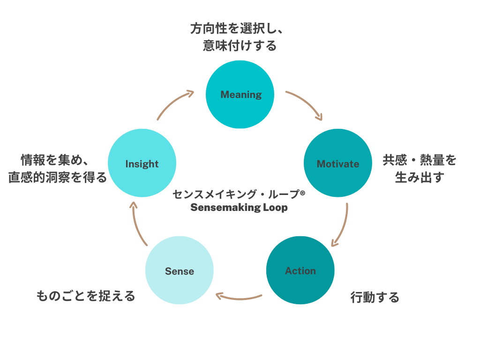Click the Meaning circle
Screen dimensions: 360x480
pos(240,94)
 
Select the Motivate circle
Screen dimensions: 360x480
pos(337,163)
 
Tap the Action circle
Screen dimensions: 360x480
pos(300,270)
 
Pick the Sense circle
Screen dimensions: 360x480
pos(179,270)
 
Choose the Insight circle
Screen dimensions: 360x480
pos(142,163)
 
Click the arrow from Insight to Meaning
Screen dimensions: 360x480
pos(174,103)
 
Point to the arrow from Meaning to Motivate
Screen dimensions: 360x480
pos(306,104)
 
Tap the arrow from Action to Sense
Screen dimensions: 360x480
pos(239,296)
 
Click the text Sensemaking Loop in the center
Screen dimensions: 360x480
pos(239,207)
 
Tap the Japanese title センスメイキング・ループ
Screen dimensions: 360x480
pos(235,194)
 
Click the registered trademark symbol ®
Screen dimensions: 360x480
pos(302,192)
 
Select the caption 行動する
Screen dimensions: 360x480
pos(375,297)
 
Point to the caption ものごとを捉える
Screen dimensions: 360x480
pos(86,296)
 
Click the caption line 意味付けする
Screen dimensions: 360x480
pos(240,45)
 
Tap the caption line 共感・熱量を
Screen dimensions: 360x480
pos(419,160)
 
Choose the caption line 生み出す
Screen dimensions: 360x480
pos(419,177)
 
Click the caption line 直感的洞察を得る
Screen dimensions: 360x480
pos(58,177)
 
